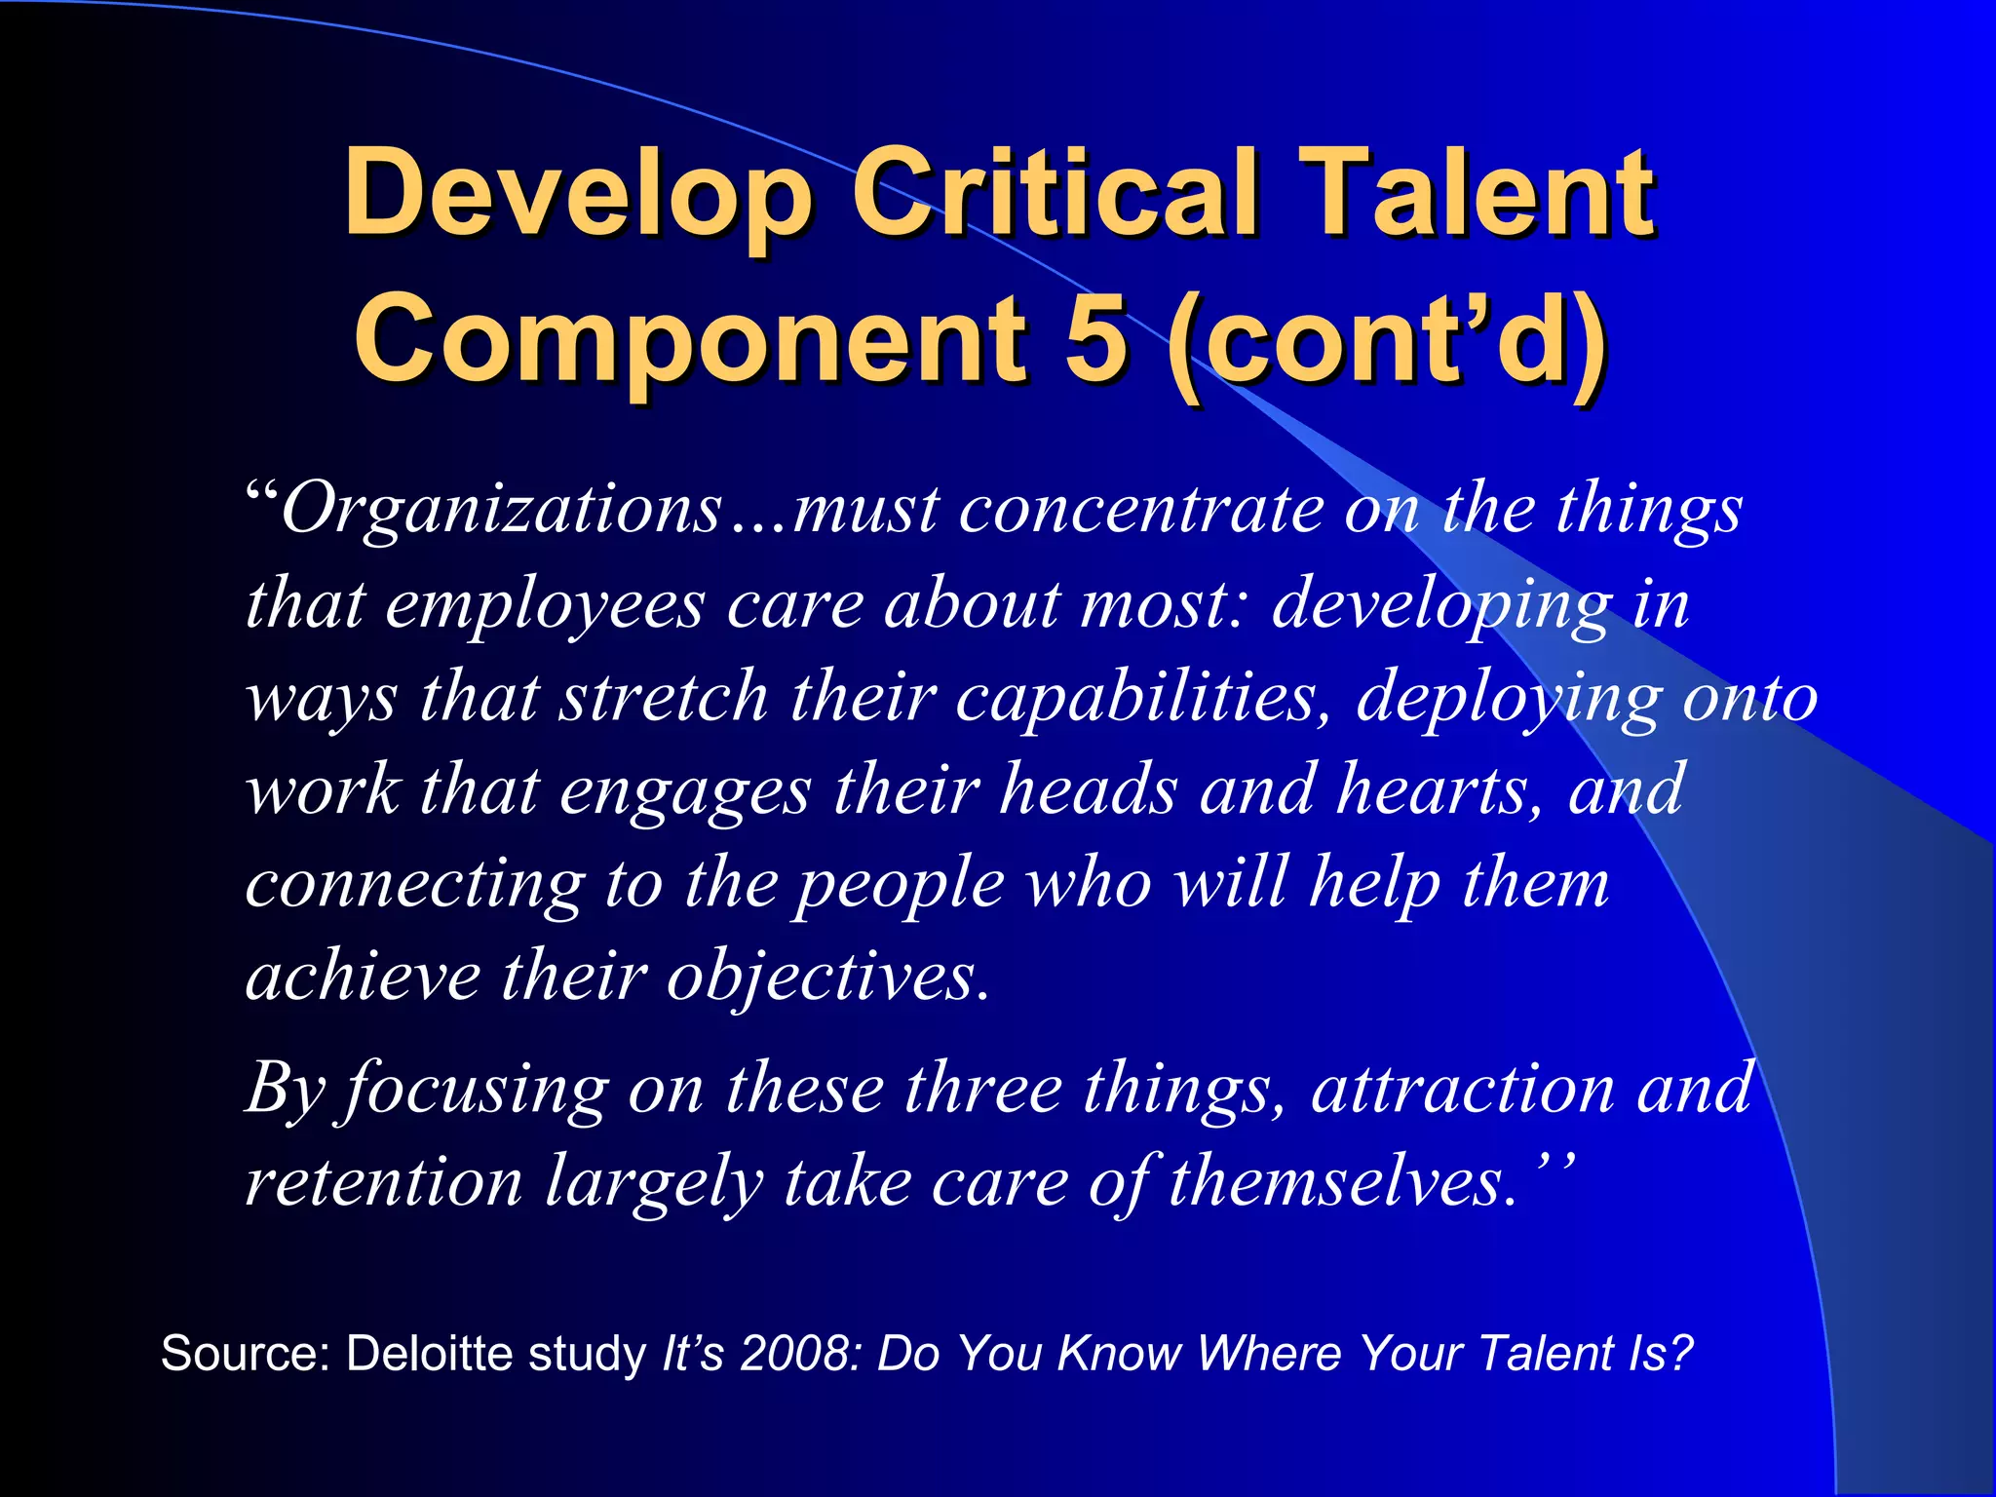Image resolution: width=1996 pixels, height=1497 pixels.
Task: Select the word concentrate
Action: coord(1140,512)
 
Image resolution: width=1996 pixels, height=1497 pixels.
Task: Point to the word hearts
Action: coord(1439,789)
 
